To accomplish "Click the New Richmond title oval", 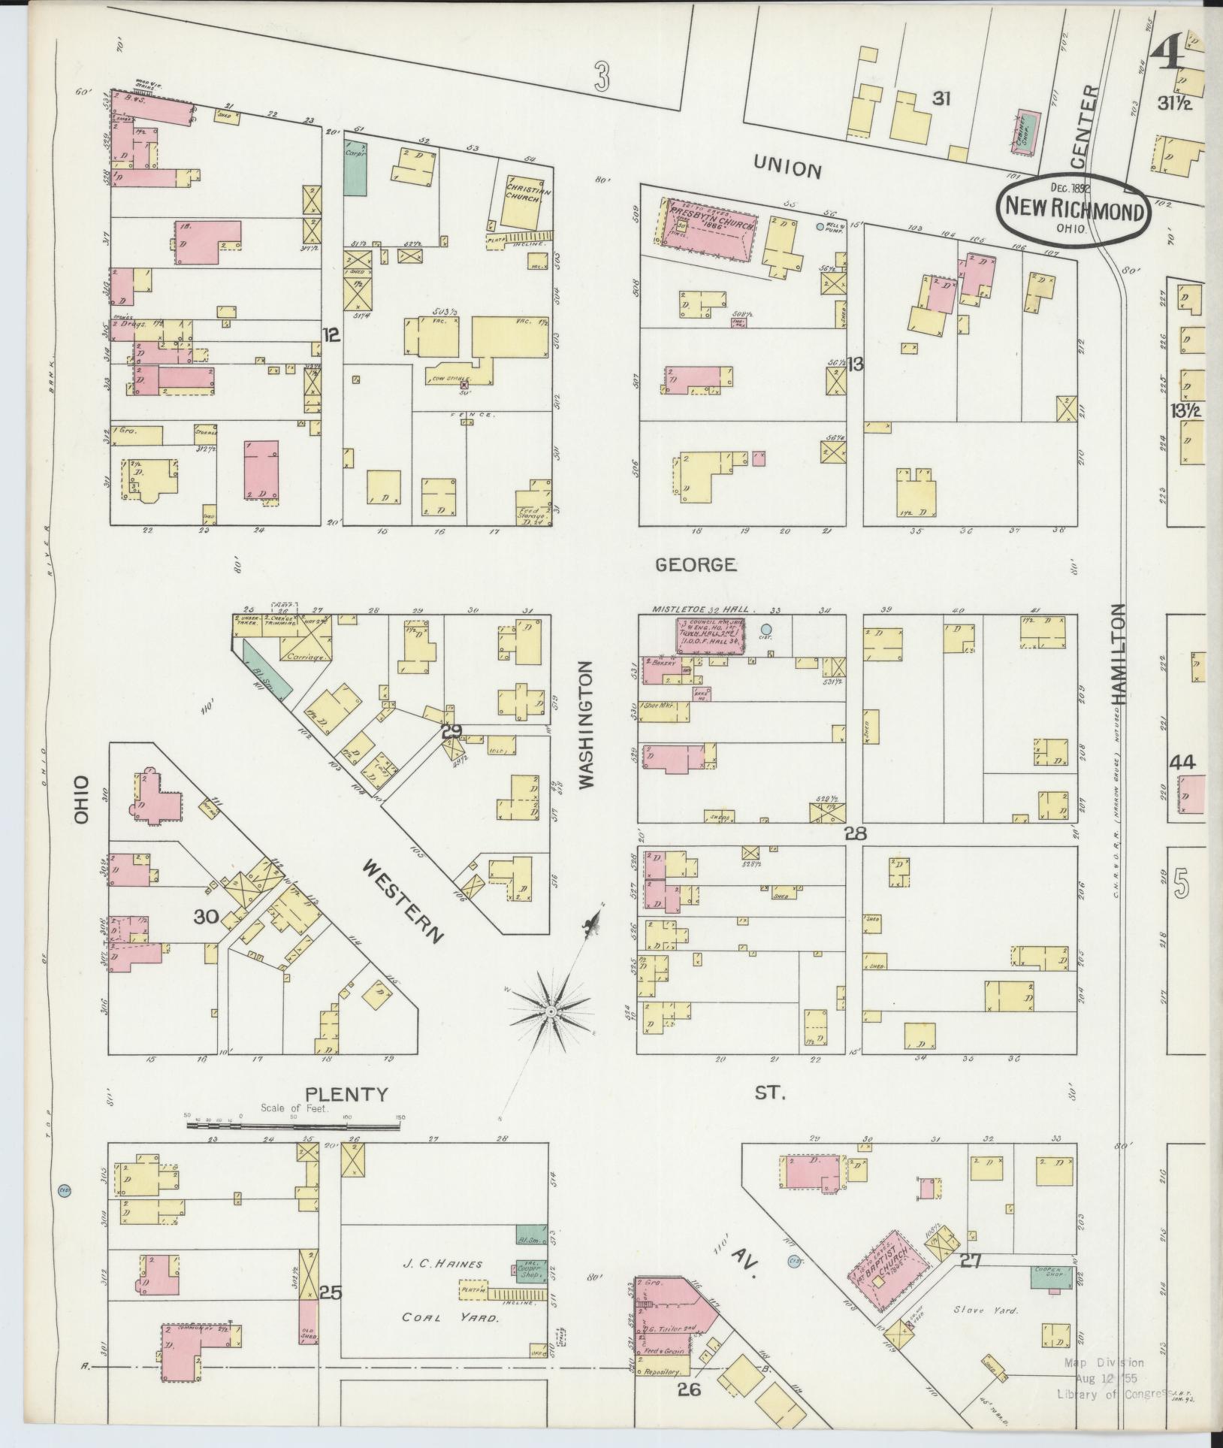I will [1074, 210].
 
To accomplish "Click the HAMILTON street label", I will [1120, 654].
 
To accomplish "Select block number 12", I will [331, 336].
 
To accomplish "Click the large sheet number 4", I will [1169, 53].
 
